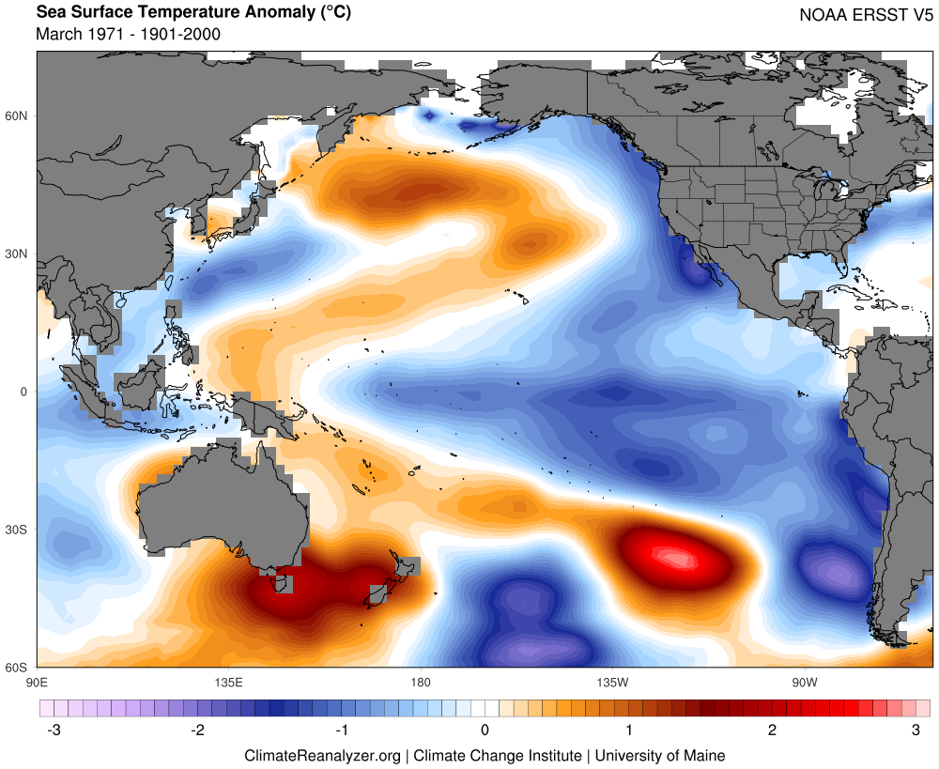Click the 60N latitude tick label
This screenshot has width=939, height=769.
[18, 116]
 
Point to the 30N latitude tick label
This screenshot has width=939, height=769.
[18, 254]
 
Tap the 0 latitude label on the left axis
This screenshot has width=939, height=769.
[25, 392]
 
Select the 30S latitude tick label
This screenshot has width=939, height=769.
[18, 530]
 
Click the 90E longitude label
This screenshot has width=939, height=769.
[37, 682]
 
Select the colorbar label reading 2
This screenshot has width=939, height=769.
[772, 730]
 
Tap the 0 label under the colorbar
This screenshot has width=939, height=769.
[485, 730]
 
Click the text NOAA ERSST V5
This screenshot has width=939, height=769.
[864, 15]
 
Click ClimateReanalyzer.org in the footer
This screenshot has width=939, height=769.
[322, 755]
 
